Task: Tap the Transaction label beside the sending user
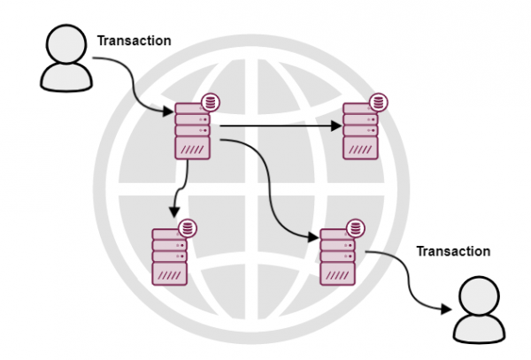coord(134,41)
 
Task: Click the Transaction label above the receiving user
coord(453,251)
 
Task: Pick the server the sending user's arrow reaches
coord(191,130)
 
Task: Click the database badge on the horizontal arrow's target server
coord(379,101)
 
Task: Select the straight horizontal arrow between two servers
coord(279,126)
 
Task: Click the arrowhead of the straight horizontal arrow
coord(335,126)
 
